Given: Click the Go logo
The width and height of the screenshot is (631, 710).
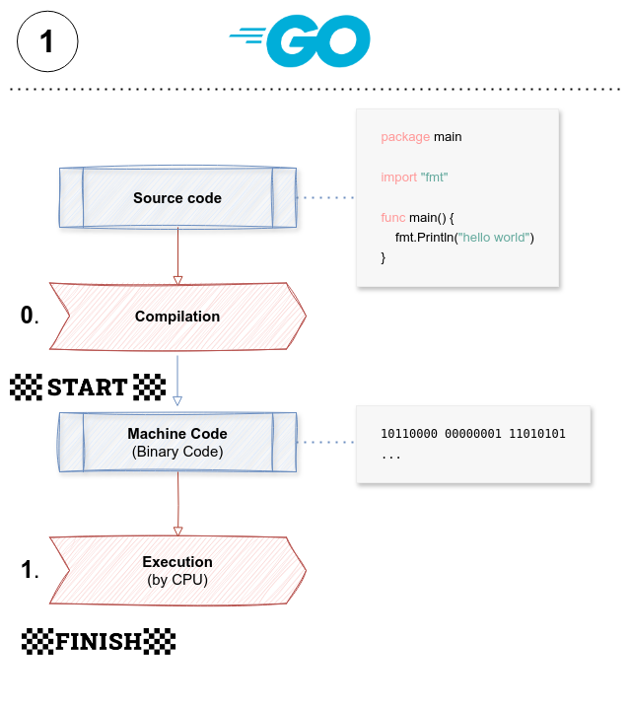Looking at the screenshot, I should (x=301, y=41).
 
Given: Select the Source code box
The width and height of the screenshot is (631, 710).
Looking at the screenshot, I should (x=177, y=198).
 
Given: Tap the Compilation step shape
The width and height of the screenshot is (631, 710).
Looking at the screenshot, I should (x=177, y=317).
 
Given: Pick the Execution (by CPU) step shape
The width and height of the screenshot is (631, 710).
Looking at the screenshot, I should (x=177, y=570).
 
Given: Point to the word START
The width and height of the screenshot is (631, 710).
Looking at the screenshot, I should (x=88, y=387).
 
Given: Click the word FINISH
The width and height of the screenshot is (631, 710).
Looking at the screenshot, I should (x=99, y=642).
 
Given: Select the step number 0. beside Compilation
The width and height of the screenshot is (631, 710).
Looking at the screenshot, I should (x=30, y=316).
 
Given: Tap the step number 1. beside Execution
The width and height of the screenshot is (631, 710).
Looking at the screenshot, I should (x=30, y=569).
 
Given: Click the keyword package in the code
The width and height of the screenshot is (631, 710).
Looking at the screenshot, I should (x=403, y=137).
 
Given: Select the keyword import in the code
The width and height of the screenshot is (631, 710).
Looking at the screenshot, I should (x=398, y=177).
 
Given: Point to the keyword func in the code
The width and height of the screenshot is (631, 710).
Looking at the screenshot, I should (x=393, y=217).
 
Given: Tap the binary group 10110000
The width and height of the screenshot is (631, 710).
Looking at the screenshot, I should (x=408, y=434).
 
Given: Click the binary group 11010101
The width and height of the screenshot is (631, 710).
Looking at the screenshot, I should (x=536, y=434).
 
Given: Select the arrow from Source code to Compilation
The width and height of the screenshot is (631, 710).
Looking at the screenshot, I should (x=177, y=255).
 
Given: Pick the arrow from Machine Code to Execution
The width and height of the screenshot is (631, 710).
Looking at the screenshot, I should (x=177, y=505).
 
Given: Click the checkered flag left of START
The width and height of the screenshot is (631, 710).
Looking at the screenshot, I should (x=26, y=387).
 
